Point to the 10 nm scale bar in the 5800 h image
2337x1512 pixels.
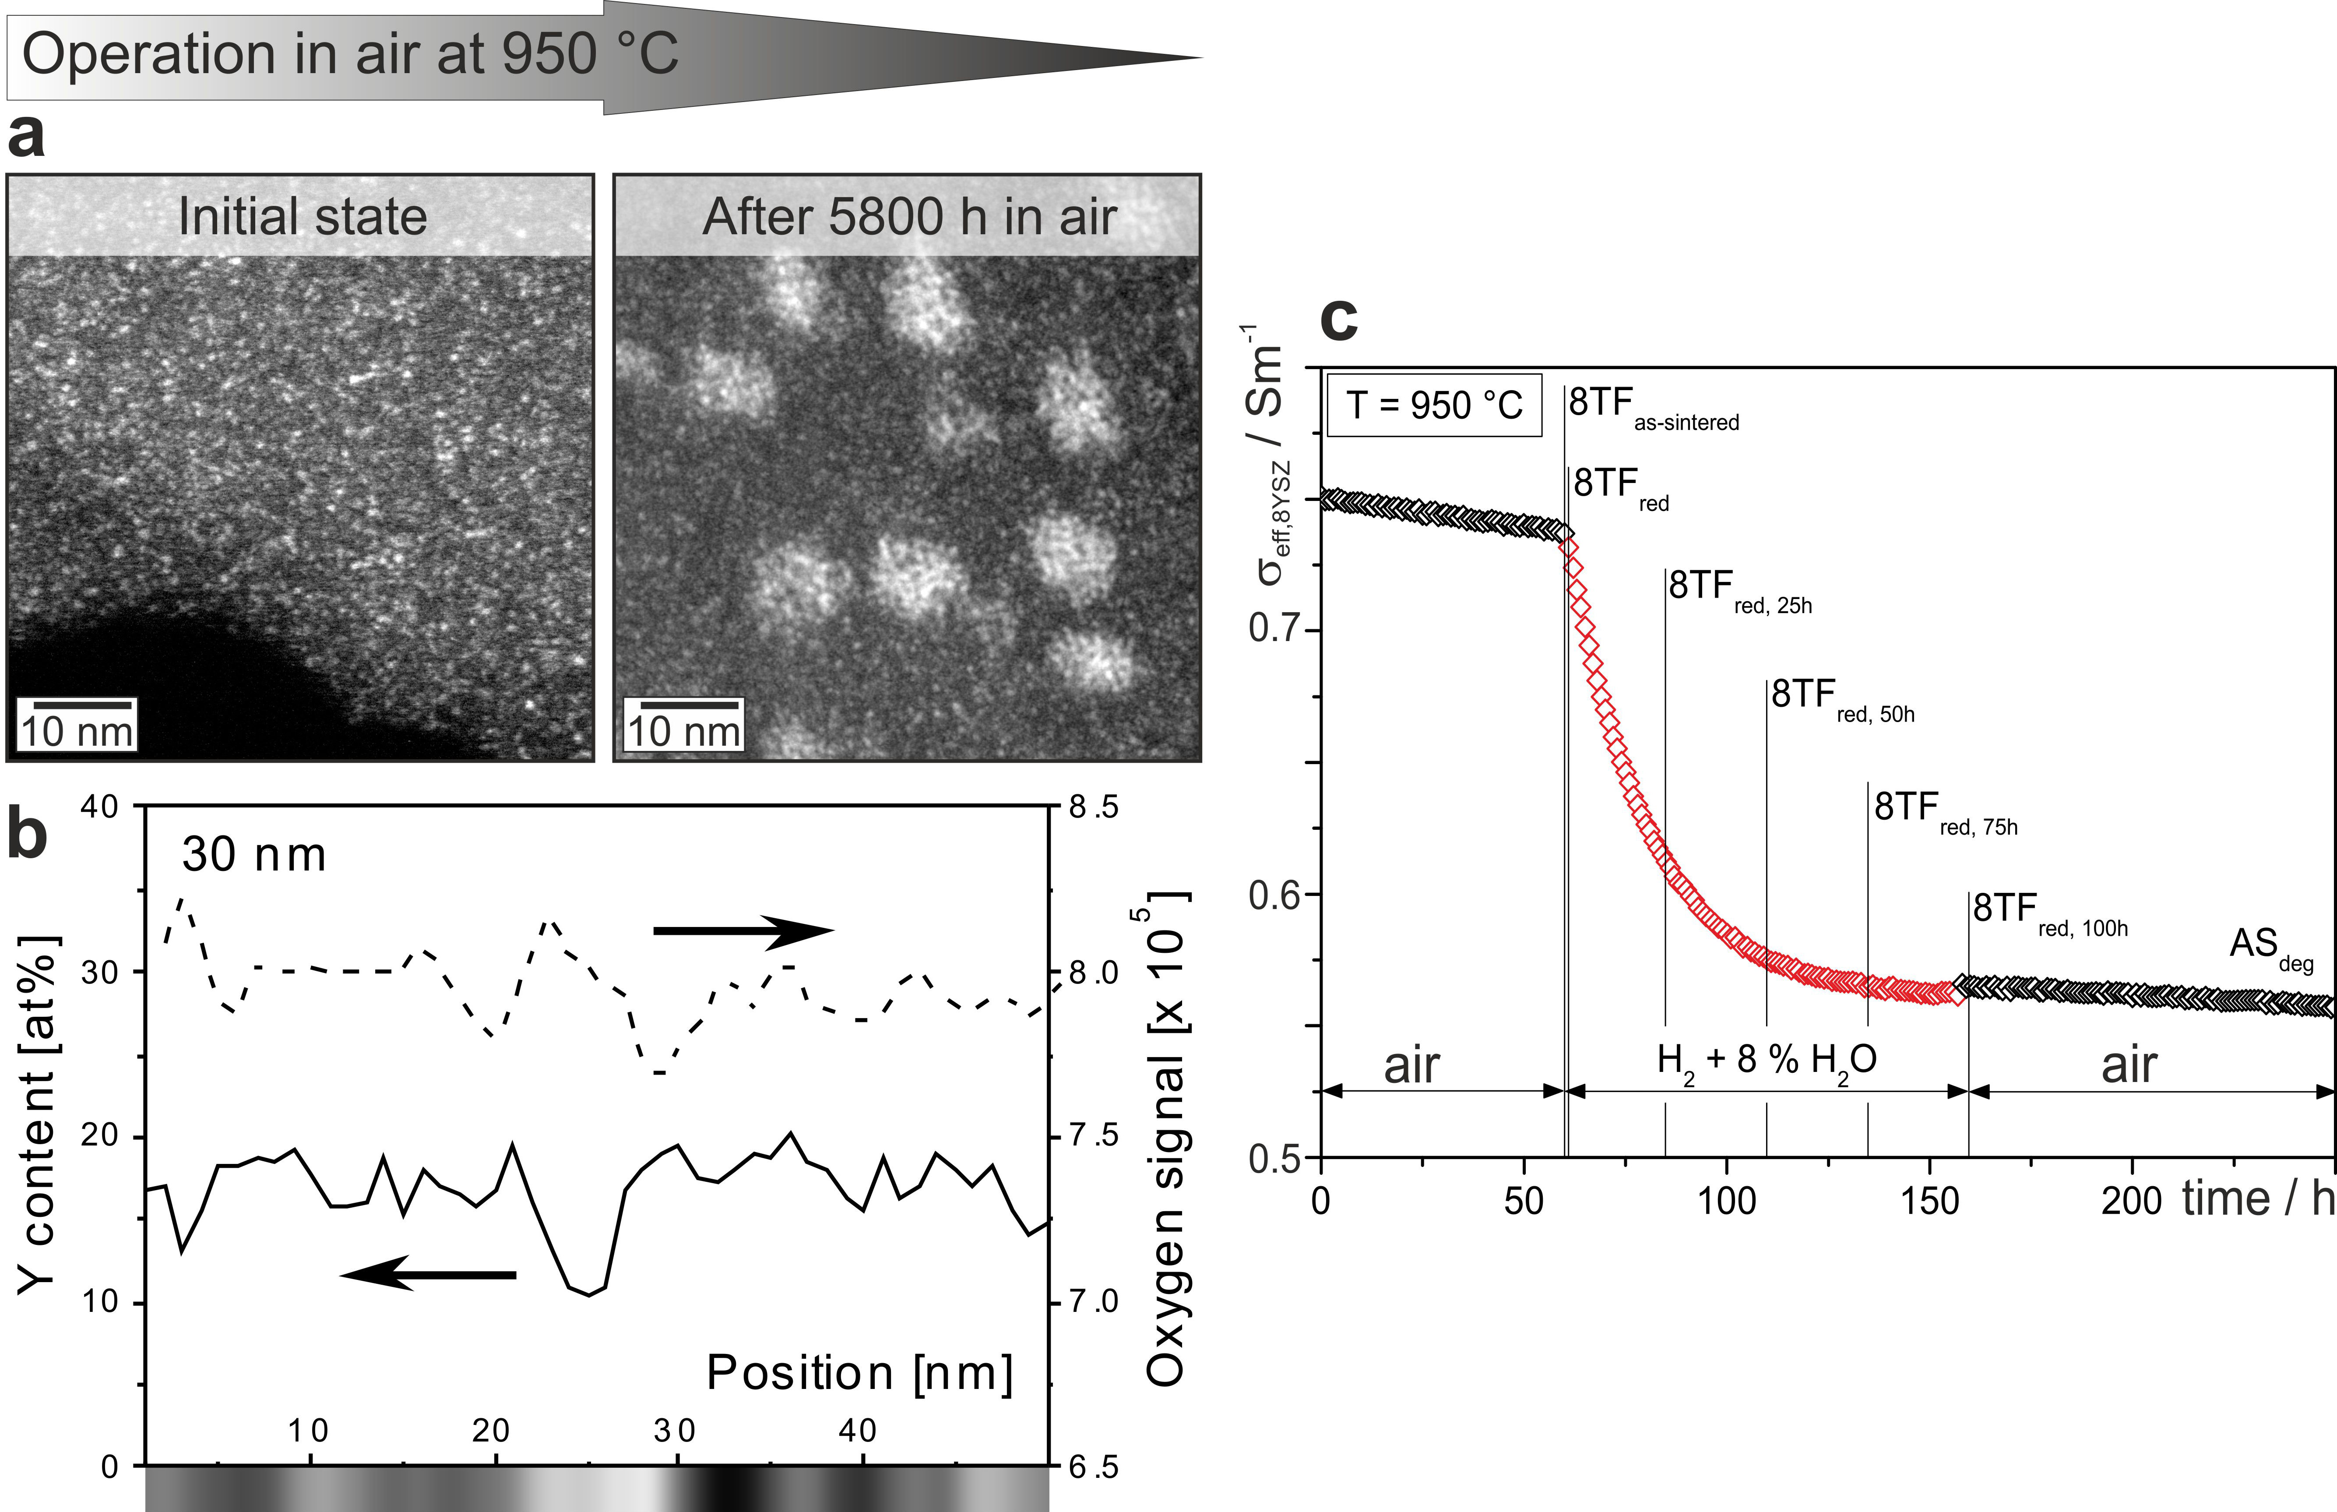[x=689, y=705]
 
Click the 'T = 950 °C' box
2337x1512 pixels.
[x=1434, y=405]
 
